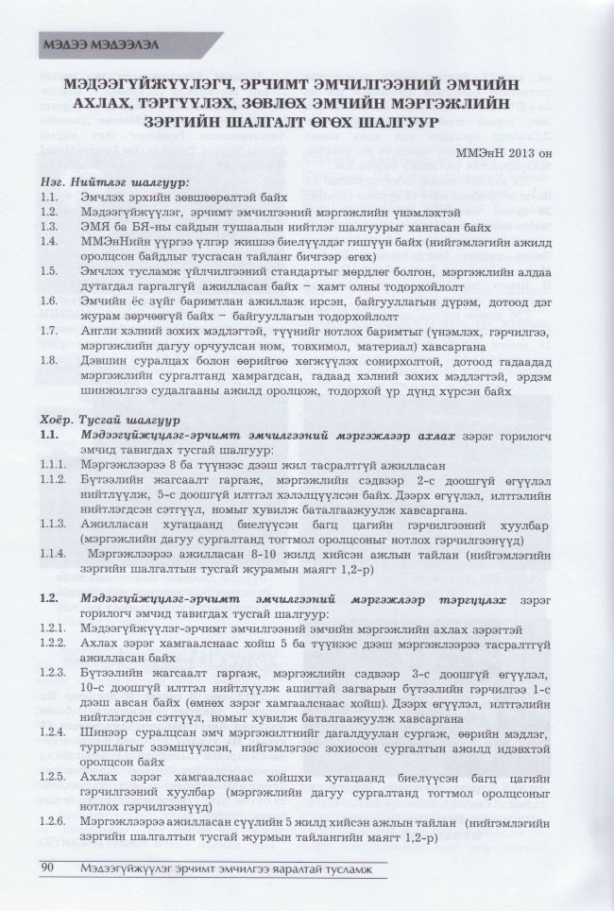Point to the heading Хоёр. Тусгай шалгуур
coord(118,418)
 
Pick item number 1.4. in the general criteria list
coord(52,242)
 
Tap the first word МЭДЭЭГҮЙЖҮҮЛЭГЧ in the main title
coord(149,84)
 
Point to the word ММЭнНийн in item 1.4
coord(111,242)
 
